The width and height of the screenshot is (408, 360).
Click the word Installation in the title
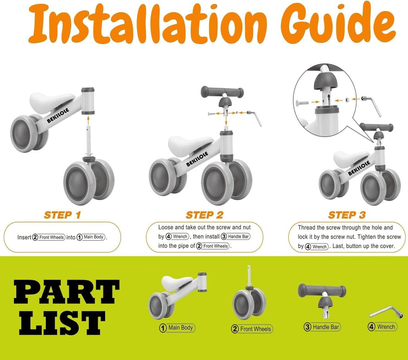147,27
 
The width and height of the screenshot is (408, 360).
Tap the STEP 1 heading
62,215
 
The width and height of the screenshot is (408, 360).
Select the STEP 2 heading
204,215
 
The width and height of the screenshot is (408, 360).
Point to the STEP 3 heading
347,215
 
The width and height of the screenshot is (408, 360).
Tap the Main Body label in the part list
177,328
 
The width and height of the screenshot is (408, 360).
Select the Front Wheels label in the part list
252,329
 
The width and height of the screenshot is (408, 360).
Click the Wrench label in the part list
383,327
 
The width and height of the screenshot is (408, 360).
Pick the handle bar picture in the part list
322,294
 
